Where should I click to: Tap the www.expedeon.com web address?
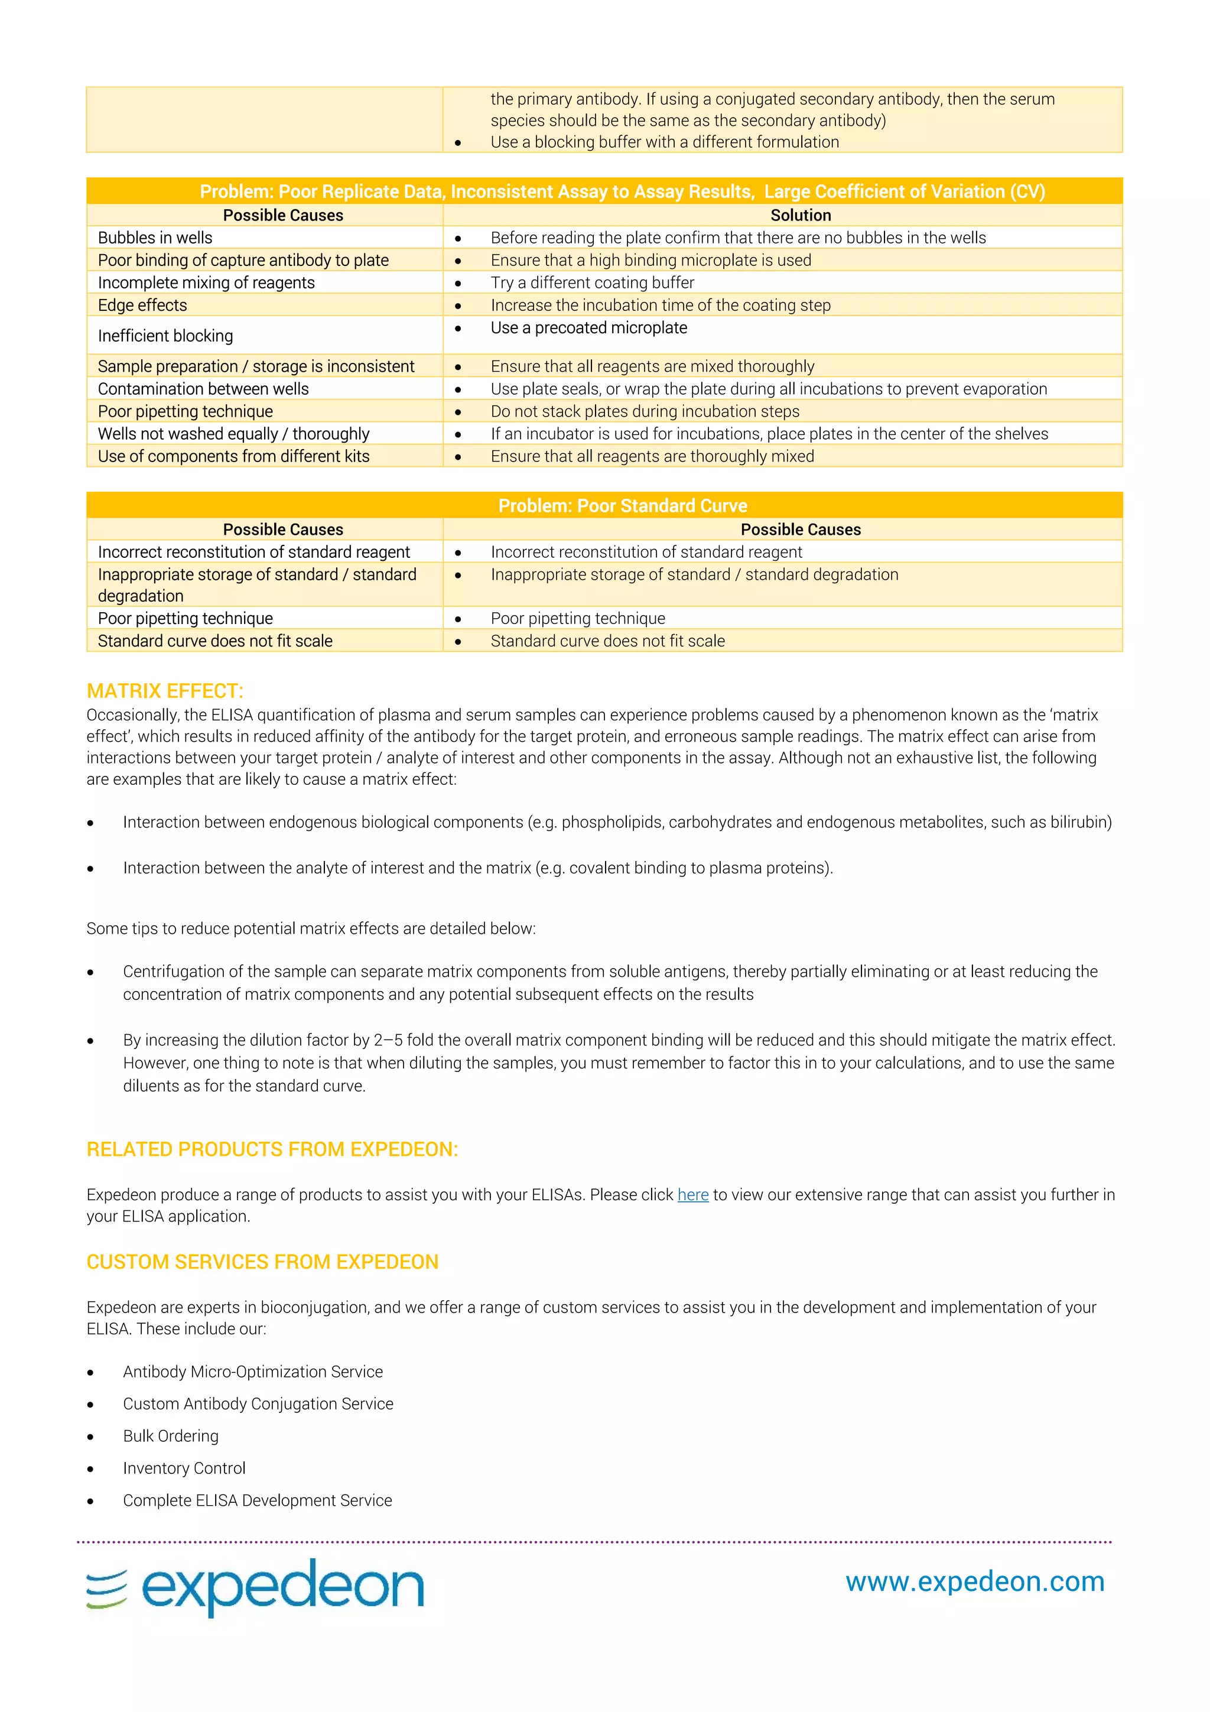coord(974,1581)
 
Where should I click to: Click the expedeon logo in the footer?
coord(255,1587)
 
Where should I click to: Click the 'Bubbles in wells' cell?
coord(155,238)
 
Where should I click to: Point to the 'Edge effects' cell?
coord(142,305)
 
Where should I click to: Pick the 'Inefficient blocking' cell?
coord(165,336)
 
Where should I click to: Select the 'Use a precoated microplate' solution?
coord(588,328)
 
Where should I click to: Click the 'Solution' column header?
coord(800,216)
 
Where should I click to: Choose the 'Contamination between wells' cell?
coord(203,389)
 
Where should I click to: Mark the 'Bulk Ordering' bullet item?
coord(171,1436)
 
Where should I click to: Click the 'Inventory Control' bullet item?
coord(184,1468)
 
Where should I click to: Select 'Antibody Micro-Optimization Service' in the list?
coord(253,1372)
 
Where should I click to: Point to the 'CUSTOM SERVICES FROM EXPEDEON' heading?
coord(262,1262)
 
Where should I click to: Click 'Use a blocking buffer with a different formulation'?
coord(664,142)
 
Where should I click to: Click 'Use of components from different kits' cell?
coord(233,456)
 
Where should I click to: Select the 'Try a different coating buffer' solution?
coord(592,283)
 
